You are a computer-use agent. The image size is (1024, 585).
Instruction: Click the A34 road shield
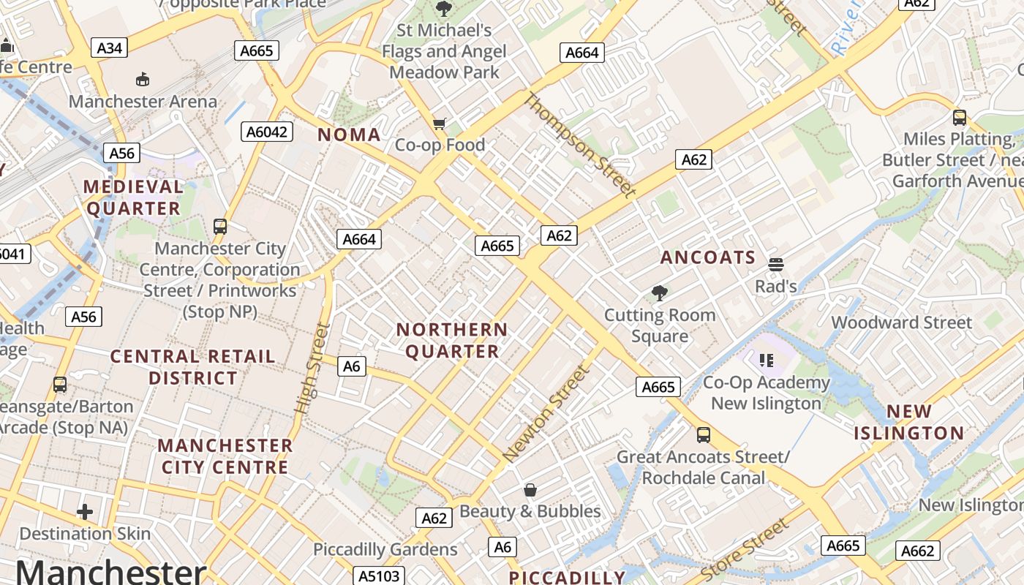(109, 48)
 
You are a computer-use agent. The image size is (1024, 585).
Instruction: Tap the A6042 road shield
(267, 132)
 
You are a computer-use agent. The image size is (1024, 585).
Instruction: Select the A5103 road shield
(379, 576)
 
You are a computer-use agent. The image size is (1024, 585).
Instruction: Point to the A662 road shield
(917, 551)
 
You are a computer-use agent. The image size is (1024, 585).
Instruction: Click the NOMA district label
(349, 135)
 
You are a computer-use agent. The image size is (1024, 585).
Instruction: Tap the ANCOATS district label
(707, 257)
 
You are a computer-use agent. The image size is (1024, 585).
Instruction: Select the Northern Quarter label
(452, 341)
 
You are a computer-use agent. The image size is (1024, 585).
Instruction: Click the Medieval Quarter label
(132, 197)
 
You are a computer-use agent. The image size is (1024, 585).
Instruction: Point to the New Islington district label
(909, 422)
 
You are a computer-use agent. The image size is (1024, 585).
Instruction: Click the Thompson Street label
(579, 146)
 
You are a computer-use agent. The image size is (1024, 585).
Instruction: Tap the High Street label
(312, 369)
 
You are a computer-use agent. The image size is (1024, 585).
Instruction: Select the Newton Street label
(546, 413)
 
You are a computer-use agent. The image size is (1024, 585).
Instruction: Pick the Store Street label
(745, 549)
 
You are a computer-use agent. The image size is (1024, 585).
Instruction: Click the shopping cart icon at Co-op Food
(439, 124)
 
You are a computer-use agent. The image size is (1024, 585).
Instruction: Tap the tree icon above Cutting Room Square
(660, 293)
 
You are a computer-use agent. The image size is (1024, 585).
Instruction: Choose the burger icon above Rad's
(775, 264)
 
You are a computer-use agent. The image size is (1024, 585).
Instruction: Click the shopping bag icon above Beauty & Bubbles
(530, 490)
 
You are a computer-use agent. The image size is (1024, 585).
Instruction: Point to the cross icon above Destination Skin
(85, 512)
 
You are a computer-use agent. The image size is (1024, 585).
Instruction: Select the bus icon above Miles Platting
(959, 117)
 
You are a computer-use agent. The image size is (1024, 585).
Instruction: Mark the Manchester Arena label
(143, 101)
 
